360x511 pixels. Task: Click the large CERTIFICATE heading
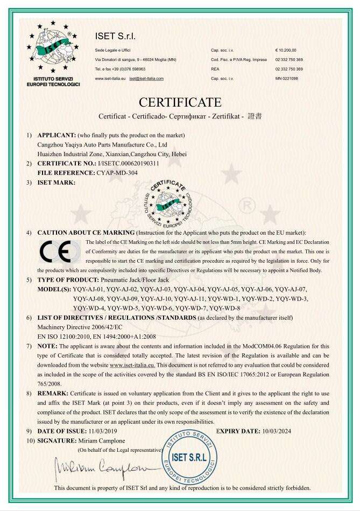click(x=180, y=102)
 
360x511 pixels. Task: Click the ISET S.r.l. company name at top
click(x=115, y=37)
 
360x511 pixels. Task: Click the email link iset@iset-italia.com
click(x=146, y=79)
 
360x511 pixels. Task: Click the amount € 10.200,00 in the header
click(x=286, y=50)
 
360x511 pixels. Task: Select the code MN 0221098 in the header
click(x=286, y=79)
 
